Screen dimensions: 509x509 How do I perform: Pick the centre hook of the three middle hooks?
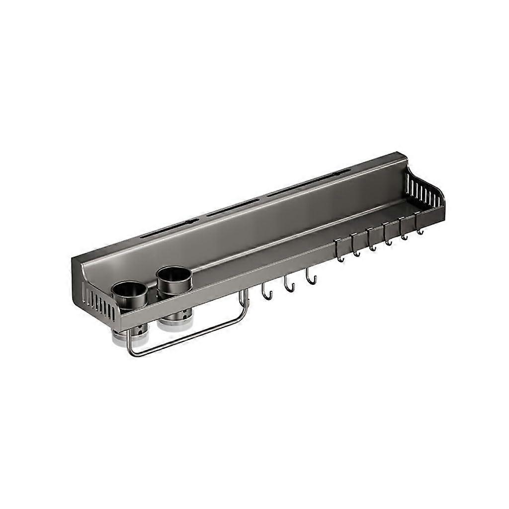(x=289, y=285)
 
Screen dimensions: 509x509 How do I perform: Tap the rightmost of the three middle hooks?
(x=311, y=278)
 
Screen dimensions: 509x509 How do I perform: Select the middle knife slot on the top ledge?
(x=233, y=207)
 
